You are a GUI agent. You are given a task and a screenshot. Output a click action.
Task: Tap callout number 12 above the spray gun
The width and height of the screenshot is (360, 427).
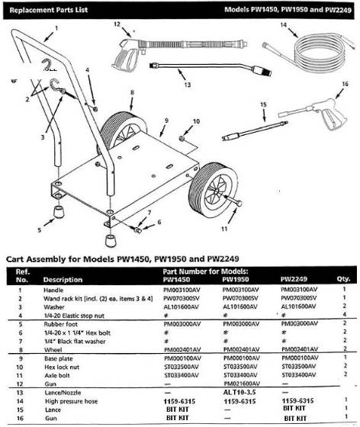(117, 25)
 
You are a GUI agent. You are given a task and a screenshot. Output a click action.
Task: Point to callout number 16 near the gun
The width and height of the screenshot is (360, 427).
(345, 84)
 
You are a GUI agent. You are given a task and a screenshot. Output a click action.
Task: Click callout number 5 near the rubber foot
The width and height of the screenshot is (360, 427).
(39, 227)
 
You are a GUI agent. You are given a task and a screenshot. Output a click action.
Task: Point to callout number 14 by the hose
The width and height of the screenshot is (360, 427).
(282, 25)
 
